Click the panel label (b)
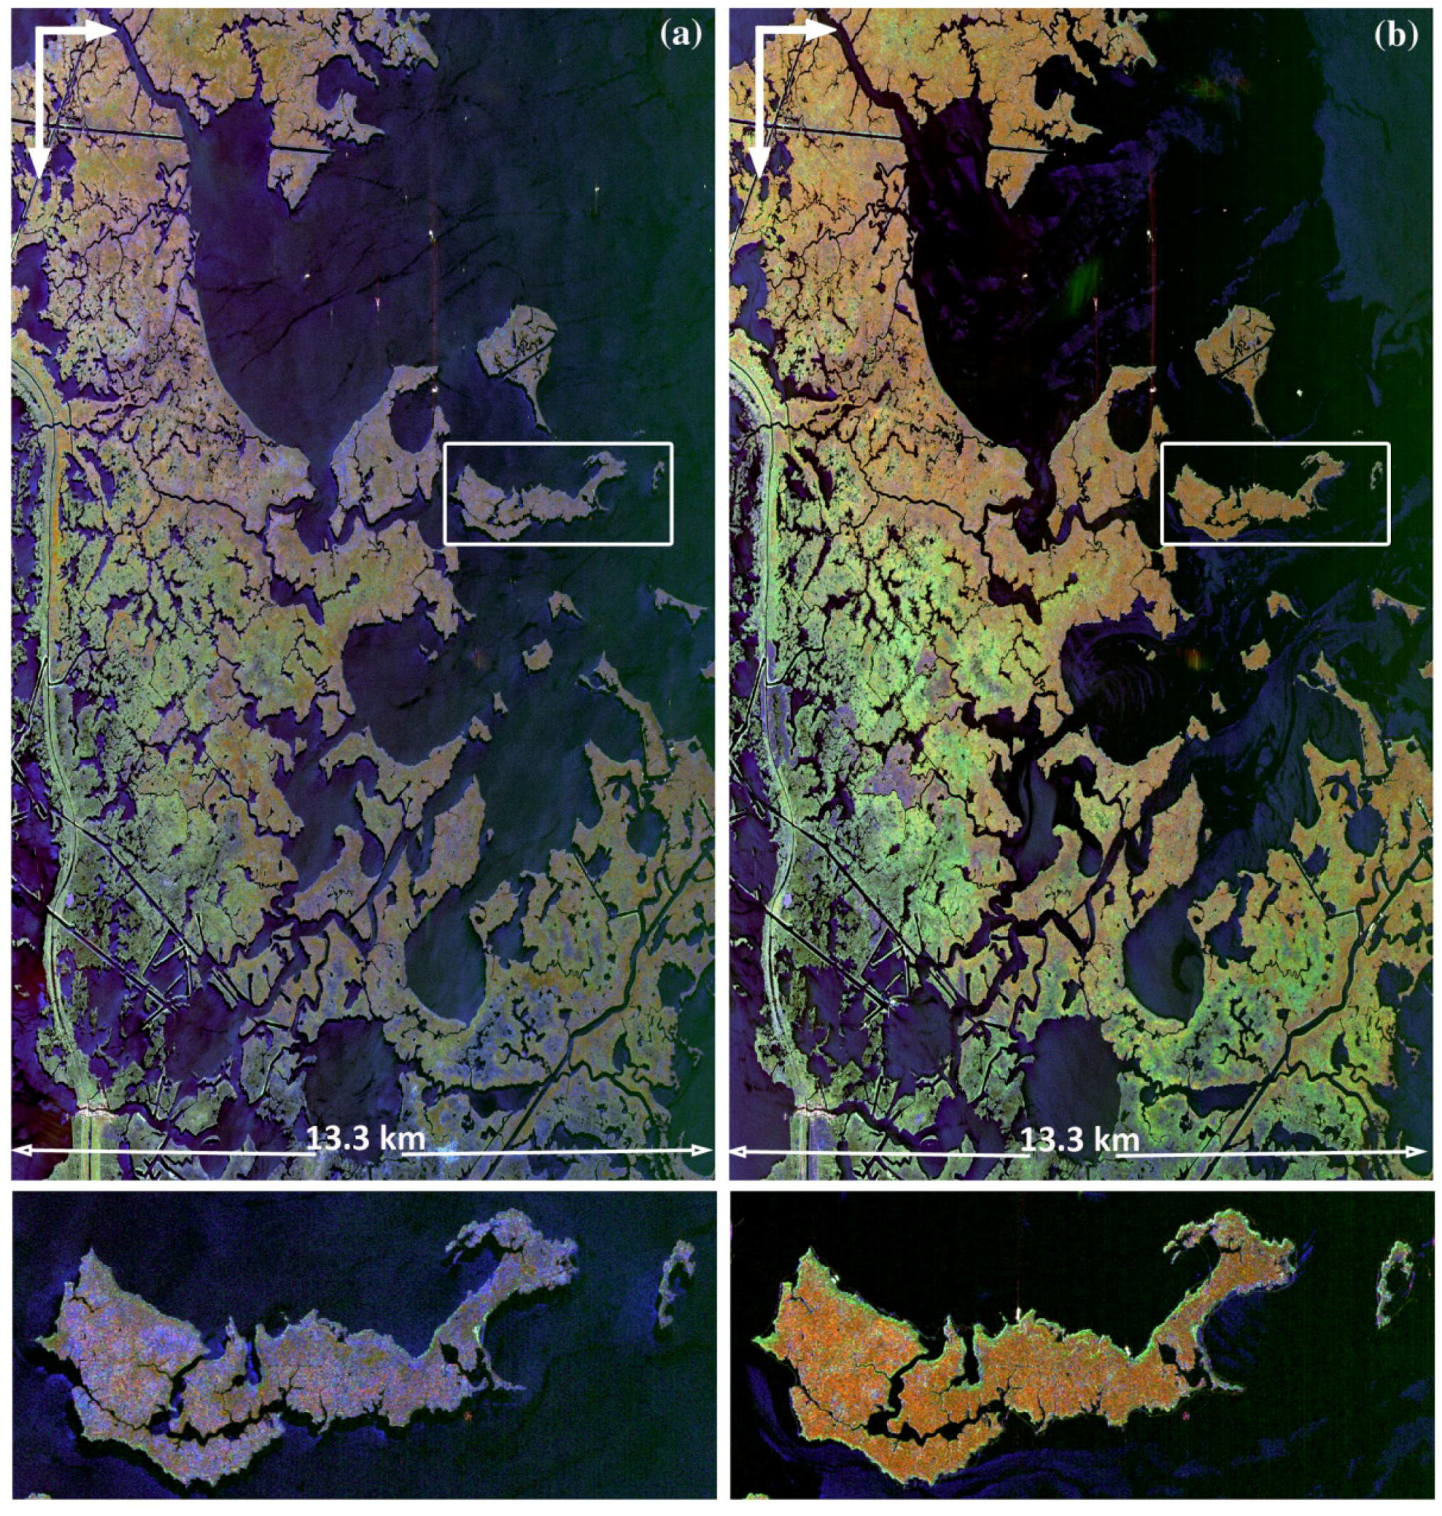coord(1397,35)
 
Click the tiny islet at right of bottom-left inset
coord(674,1281)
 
